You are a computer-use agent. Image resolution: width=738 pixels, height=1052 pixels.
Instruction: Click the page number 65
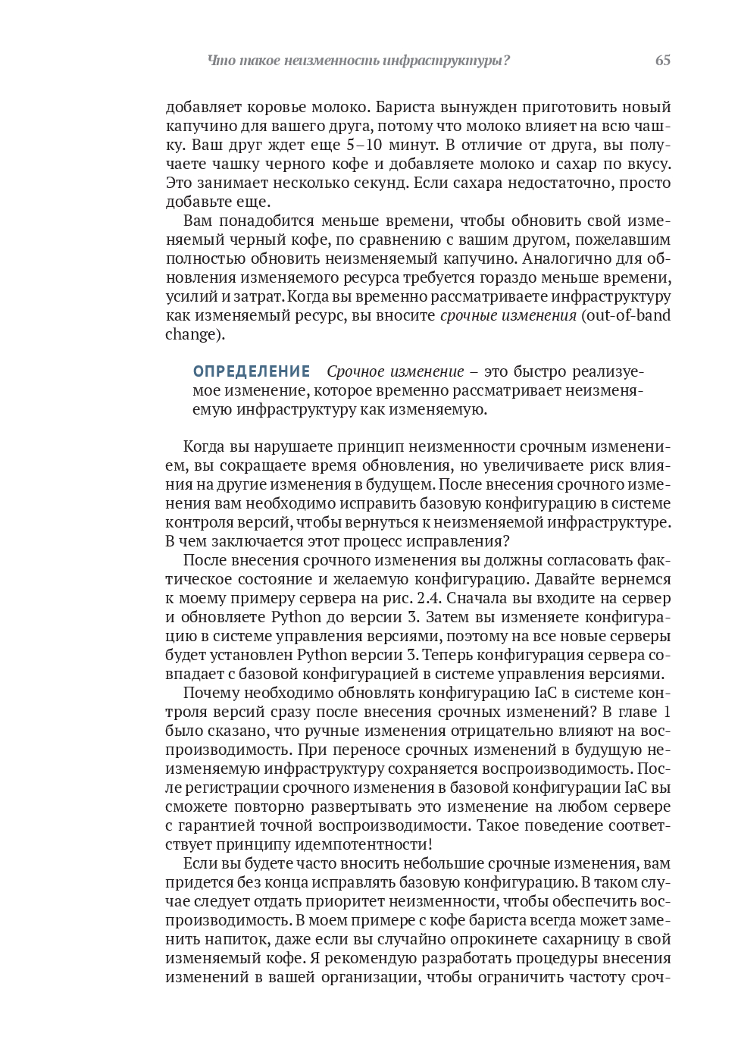[662, 61]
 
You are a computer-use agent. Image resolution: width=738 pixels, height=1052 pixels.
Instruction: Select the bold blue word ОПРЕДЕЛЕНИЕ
[252, 371]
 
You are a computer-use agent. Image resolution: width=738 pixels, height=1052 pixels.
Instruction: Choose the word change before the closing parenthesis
[189, 334]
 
